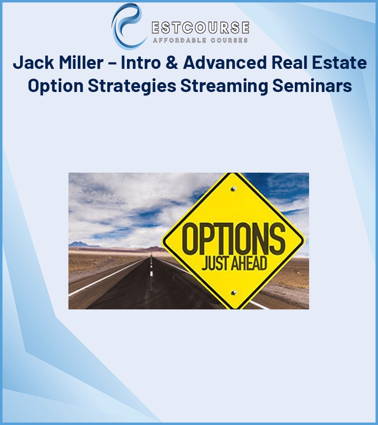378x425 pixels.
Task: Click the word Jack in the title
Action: pyautogui.click(x=33, y=63)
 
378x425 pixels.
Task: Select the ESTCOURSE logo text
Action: pyautogui.click(x=200, y=27)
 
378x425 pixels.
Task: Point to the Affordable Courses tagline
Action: pyautogui.click(x=200, y=40)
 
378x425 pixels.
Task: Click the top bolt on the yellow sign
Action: pyautogui.click(x=233, y=188)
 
